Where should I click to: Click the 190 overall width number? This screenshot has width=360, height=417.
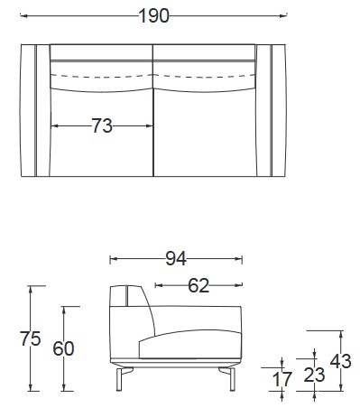(153, 16)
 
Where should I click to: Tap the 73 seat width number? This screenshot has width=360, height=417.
(102, 126)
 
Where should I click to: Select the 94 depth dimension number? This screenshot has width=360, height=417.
(175, 259)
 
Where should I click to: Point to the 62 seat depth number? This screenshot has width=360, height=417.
(198, 286)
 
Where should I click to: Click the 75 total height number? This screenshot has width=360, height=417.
(31, 339)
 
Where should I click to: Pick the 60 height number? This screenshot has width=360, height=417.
(62, 349)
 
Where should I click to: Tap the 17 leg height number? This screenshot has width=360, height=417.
(282, 379)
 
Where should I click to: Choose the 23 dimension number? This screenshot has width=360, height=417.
(313, 374)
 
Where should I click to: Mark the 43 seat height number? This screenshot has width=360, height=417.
(342, 361)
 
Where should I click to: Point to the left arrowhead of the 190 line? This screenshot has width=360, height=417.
(23, 16)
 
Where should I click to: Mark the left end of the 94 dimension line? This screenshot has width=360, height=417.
(110, 259)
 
